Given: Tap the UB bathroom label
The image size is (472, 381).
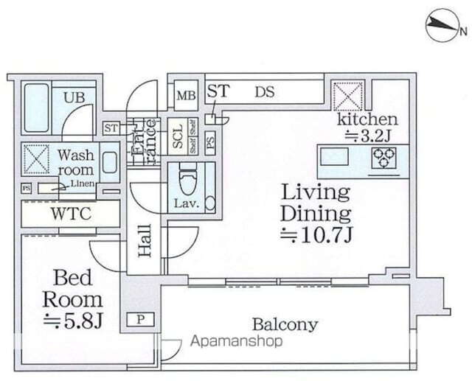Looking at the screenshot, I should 73,96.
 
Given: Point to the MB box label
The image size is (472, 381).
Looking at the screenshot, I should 184,95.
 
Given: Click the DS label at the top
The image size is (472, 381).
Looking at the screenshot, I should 265,92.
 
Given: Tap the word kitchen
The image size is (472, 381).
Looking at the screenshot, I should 367,119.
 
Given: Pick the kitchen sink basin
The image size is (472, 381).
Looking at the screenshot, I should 337,158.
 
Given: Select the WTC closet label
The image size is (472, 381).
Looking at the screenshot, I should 71,214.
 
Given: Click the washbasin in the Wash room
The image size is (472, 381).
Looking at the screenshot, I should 108,162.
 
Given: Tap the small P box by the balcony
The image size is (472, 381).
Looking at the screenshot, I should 140,319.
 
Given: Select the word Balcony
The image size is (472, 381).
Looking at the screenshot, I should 285,324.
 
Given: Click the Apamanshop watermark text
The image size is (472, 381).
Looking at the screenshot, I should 237,341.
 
